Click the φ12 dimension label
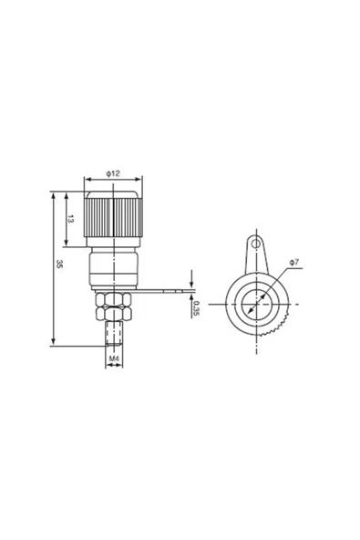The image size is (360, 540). pos(113,173)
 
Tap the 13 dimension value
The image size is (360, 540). pos(70,219)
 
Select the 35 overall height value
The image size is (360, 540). pos(59,264)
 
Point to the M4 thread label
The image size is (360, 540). pos(114,358)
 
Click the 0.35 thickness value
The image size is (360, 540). pos(196,308)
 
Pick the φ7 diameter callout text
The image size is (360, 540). pos(294,263)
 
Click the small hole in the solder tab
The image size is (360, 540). pos(255,244)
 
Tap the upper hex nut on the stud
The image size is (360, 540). pos(113,299)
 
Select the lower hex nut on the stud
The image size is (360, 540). pos(113,313)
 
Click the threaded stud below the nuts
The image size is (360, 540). pos(114,332)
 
